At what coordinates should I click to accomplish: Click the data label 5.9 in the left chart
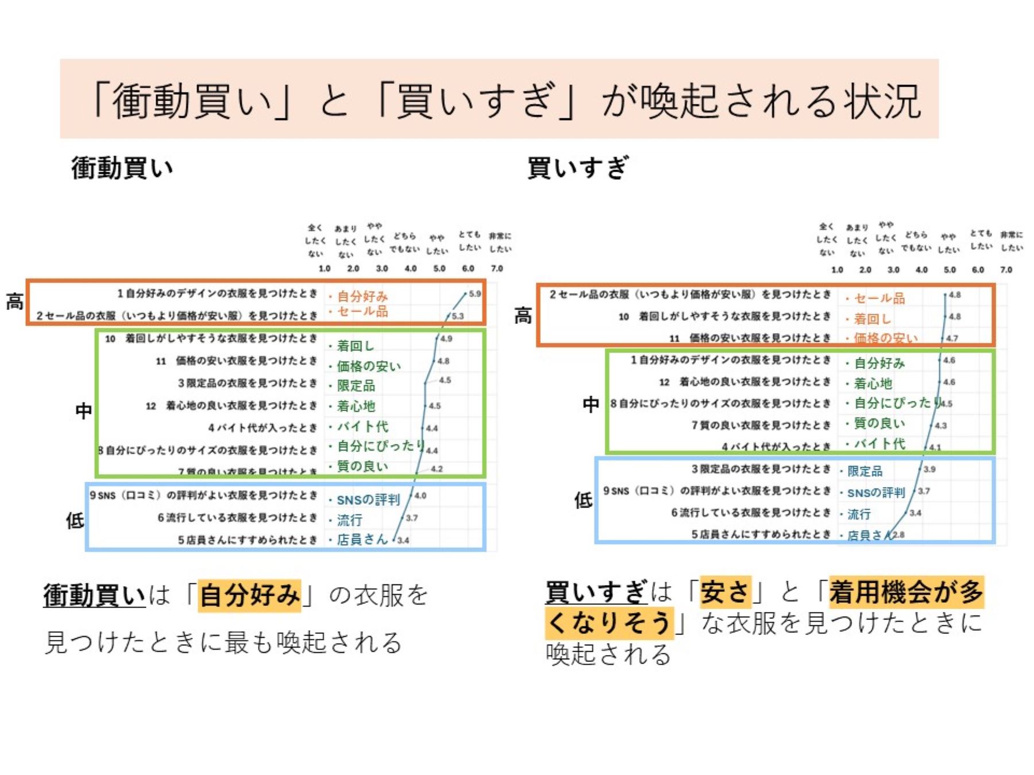coord(474,294)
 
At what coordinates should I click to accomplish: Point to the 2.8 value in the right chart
coord(898,534)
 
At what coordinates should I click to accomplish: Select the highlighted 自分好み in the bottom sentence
coord(250,595)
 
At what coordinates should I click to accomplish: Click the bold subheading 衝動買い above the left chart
coord(122,168)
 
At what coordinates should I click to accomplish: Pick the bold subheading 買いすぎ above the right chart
coord(578,168)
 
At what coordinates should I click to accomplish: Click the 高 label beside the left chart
coord(14,301)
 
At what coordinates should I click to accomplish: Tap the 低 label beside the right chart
coord(583,499)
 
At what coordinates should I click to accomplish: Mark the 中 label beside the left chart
coord(84,410)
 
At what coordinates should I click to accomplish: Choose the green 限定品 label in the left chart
coord(356,386)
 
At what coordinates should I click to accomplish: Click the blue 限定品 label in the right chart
coord(865,471)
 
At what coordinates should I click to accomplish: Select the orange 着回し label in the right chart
coord(872,319)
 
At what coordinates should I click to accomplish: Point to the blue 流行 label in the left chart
coord(349,520)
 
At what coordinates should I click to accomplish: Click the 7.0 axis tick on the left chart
coord(497,268)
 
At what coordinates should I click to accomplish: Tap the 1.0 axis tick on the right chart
coord(837,269)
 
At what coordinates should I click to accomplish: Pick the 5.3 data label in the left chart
coord(457,316)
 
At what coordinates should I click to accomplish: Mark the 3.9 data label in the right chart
coord(929,469)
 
